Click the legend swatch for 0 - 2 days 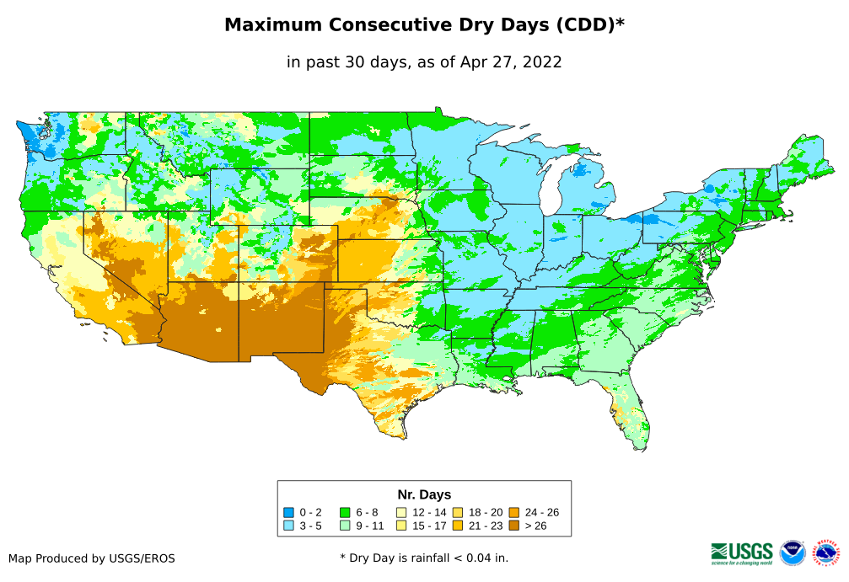point(289,512)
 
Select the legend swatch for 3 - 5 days point(289,526)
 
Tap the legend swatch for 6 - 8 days point(345,512)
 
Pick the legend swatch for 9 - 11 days point(345,526)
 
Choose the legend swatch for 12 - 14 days point(401,512)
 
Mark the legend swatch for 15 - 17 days point(401,526)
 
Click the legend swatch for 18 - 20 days point(457,512)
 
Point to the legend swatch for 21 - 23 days point(457,526)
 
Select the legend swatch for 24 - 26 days point(513,512)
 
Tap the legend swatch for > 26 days point(513,526)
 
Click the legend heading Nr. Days point(424,494)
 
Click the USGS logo point(742,552)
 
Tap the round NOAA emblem point(793,553)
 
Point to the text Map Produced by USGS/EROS point(92,558)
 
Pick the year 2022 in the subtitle point(542,62)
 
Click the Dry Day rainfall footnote point(424,558)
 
